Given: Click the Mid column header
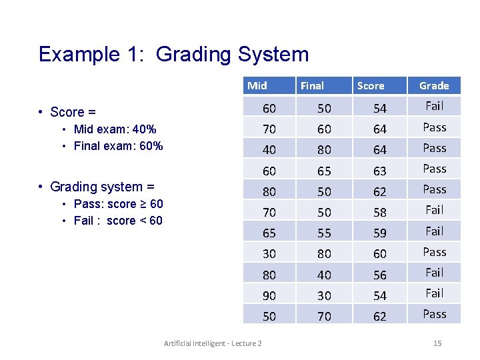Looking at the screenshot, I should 257,85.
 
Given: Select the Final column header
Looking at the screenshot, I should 312,85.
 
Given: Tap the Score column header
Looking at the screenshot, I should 371,85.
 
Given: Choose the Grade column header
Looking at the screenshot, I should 434,85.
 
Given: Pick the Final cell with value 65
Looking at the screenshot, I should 324,171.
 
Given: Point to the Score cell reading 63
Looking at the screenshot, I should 380,171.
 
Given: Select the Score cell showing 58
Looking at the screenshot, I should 380,213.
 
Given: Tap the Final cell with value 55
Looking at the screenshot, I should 324,233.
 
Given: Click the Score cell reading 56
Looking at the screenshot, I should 380,275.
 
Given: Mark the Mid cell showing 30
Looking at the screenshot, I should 269,254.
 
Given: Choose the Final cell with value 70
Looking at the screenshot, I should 324,316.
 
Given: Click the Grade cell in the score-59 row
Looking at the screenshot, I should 434,231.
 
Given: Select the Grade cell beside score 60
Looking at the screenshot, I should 434,252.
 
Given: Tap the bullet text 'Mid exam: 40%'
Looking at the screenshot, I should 115,129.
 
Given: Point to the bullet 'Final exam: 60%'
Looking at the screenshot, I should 118,146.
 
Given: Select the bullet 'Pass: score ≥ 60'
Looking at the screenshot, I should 118,204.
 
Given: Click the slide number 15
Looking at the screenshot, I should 437,343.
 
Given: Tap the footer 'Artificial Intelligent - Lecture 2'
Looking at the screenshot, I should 213,343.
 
